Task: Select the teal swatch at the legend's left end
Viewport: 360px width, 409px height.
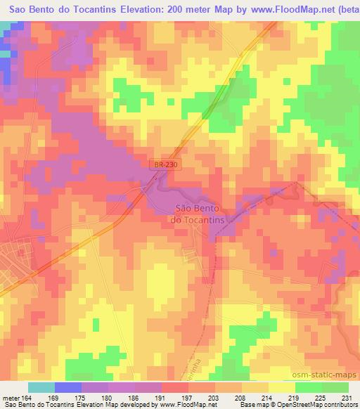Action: pyautogui.click(x=41, y=387)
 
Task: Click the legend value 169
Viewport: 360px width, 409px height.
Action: pyautogui.click(x=54, y=398)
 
